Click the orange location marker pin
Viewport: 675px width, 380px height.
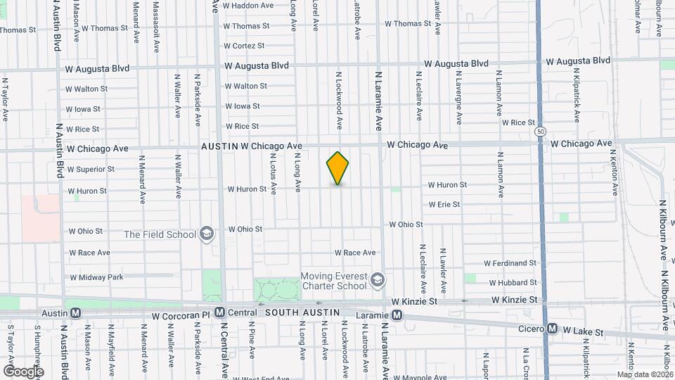337,167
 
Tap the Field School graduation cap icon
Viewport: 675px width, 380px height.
207,234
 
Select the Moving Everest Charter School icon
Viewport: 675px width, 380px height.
378,281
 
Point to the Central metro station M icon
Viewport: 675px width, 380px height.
220,312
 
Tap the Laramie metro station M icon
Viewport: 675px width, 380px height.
397,315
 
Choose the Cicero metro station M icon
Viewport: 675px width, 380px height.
553,329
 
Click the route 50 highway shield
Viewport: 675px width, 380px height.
540,131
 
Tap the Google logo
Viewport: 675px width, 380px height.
22,370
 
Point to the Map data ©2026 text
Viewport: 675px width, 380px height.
645,374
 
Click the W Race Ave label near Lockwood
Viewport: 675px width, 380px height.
354,253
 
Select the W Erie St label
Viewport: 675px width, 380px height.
444,205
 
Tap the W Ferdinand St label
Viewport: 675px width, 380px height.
510,263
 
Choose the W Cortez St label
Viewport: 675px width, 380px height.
244,46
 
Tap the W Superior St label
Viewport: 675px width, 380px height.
91,169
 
